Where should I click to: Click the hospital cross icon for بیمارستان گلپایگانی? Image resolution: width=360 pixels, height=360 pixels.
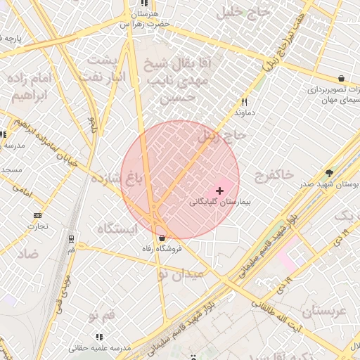[220, 191]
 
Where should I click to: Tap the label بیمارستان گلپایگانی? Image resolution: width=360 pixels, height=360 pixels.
[219, 202]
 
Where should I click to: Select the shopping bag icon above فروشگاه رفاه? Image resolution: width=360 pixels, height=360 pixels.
[162, 238]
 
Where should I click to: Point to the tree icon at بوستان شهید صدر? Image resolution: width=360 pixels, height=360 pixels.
[330, 173]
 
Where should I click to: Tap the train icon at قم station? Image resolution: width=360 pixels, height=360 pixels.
[72, 239]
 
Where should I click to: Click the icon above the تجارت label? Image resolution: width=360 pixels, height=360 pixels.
[37, 216]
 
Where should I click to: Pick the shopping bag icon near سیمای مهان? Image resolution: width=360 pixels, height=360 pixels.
[341, 78]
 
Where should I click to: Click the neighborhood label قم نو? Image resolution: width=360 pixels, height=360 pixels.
[102, 317]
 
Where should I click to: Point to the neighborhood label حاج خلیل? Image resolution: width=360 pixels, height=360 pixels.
[245, 12]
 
